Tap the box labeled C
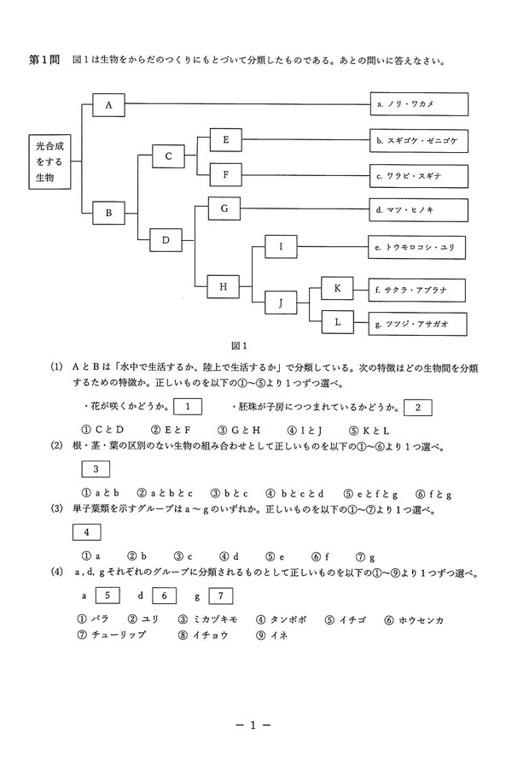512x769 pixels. pos(168,156)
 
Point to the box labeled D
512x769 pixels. pos(166,240)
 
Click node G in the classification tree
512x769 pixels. pos(224,208)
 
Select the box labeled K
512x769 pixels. pos(337,290)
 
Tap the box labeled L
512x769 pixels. pos(337,323)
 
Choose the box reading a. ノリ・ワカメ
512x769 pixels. pos(420,104)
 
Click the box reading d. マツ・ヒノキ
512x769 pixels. pos(420,208)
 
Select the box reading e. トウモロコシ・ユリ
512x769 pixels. pos(420,248)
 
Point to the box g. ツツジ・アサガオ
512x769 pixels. pos(420,324)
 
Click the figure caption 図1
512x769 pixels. pos(238,346)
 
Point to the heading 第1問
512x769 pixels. pos(43,62)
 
